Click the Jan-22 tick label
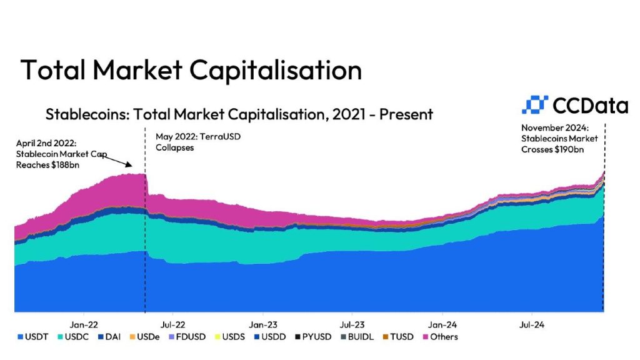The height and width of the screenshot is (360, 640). pyautogui.click(x=83, y=324)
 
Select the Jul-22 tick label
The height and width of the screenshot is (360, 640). pyautogui.click(x=172, y=324)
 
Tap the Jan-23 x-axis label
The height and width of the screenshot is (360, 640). pyautogui.click(x=262, y=324)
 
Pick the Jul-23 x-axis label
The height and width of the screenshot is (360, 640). pyautogui.click(x=352, y=324)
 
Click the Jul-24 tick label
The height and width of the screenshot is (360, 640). pyautogui.click(x=533, y=324)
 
